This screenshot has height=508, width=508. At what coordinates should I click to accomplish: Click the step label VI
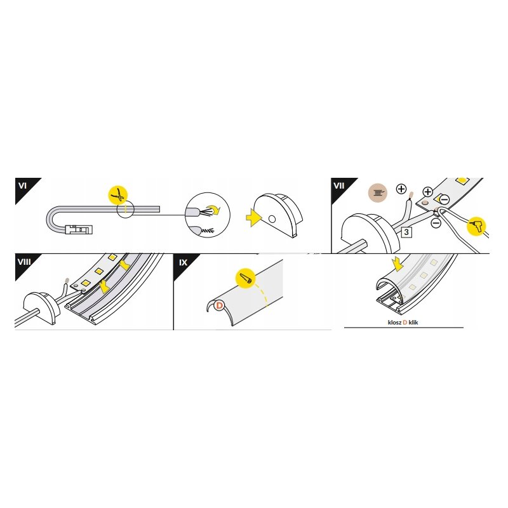(22, 185)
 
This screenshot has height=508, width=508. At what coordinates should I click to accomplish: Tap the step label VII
(339, 185)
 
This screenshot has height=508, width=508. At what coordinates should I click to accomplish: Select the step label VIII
(24, 262)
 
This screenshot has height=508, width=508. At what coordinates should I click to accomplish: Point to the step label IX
(184, 262)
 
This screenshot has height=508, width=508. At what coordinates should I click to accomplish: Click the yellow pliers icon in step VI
(118, 195)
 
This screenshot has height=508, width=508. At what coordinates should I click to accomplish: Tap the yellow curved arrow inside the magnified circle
(213, 210)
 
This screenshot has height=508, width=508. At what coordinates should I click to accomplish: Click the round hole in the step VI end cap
(272, 219)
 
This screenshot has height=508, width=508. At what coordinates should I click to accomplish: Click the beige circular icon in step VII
(378, 193)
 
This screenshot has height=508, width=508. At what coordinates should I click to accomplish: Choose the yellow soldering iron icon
(477, 225)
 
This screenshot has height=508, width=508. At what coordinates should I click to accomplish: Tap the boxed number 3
(406, 232)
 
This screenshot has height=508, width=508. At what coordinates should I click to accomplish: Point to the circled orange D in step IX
(219, 305)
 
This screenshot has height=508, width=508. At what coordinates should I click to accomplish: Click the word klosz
(394, 323)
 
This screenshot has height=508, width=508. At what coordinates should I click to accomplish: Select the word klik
(413, 323)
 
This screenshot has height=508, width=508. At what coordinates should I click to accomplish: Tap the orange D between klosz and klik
(405, 323)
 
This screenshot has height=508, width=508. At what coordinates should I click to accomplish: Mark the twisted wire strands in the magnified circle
(208, 231)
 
